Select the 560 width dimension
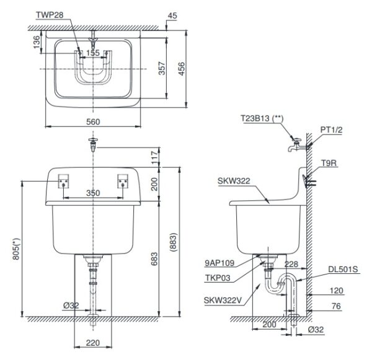point(92,123)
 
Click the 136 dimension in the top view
point(36,41)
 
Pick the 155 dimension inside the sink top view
point(93,54)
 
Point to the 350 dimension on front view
point(93,193)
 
